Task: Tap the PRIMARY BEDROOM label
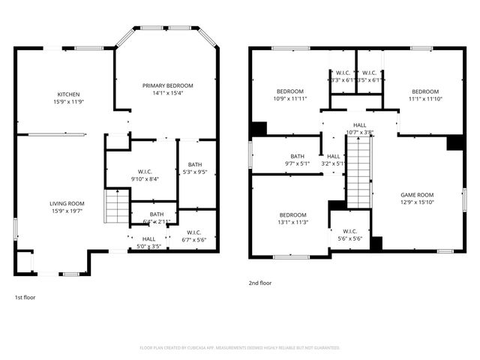[x=167, y=85]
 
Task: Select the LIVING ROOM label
[x=67, y=203]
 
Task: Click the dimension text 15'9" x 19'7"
[x=67, y=211]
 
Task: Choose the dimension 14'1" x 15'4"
[x=167, y=94]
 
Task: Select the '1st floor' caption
[x=25, y=298]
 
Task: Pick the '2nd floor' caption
[x=260, y=283]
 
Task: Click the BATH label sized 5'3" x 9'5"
[x=195, y=164]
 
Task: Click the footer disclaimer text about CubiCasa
[x=240, y=348]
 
